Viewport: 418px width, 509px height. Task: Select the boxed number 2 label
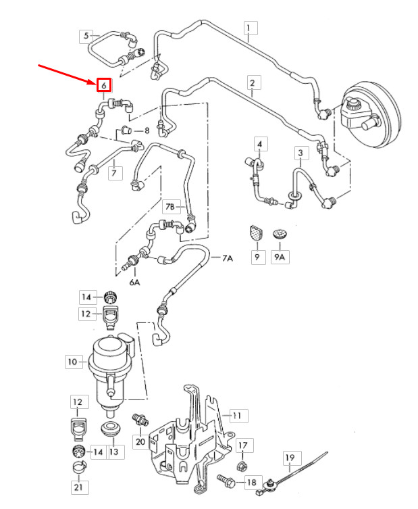252,84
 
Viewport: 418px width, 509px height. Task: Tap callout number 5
86,35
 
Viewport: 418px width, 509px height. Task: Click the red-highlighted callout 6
103,85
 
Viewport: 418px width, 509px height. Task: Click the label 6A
134,282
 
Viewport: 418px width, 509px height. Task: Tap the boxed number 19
290,458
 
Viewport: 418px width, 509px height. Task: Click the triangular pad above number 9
254,233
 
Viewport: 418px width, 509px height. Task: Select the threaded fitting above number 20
140,418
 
